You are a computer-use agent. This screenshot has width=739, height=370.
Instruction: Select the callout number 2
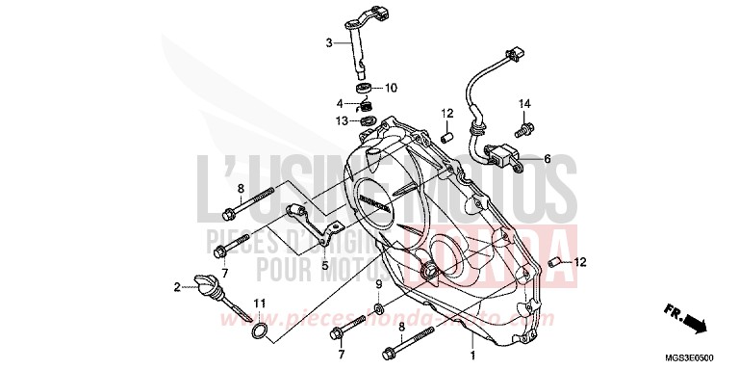[177, 287]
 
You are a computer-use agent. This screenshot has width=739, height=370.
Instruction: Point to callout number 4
[339, 104]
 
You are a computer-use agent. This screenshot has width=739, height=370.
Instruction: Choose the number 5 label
[324, 266]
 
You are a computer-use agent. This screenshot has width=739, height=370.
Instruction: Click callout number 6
[547, 160]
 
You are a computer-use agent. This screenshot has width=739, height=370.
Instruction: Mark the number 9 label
[378, 284]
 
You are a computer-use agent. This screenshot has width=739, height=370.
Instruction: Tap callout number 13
[341, 121]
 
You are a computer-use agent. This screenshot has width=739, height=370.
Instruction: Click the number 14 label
[525, 103]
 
